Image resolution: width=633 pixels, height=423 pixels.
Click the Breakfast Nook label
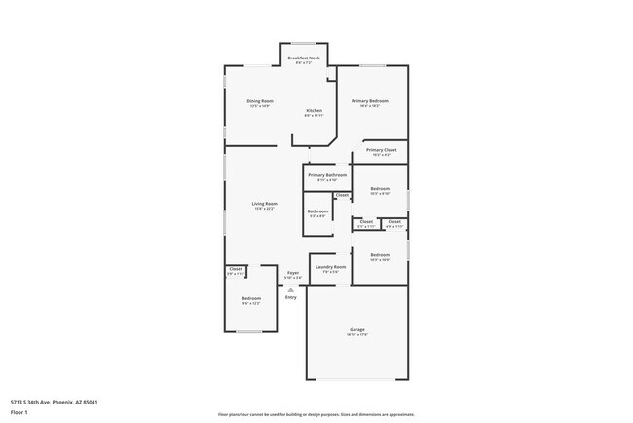point(305,58)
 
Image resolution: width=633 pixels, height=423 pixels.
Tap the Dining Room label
point(260,101)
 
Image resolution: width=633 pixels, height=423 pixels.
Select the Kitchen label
point(314,111)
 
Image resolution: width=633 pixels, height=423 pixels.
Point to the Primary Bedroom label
point(370,101)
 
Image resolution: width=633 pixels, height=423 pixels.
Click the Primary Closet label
point(379,150)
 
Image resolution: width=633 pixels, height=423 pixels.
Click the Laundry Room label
point(330,266)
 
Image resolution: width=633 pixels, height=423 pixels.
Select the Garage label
point(357,331)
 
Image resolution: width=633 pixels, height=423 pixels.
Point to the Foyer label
point(292,273)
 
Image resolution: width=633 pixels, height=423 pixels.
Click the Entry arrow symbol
point(291,288)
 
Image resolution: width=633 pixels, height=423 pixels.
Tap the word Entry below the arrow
point(291,297)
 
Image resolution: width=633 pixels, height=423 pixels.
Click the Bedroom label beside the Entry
point(251,298)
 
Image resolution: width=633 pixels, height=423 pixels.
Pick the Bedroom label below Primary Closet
point(380,189)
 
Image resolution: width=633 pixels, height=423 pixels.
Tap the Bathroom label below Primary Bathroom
point(318,211)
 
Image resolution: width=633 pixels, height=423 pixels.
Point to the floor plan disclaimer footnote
point(316,413)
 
